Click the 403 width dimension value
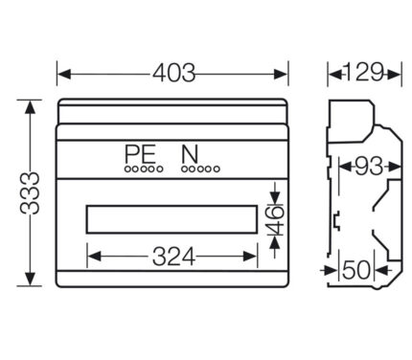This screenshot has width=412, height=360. coord(173,74)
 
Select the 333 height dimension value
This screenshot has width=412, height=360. coord(30,192)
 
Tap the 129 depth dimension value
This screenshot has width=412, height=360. coord(364,72)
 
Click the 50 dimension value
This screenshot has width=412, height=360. coord(356,270)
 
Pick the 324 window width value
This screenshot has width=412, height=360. coord(173,257)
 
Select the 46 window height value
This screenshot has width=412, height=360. coord(274,220)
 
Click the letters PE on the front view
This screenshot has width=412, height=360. coord(140,154)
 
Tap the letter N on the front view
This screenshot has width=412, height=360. coord(190,154)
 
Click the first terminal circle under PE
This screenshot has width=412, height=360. coord(127,169)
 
